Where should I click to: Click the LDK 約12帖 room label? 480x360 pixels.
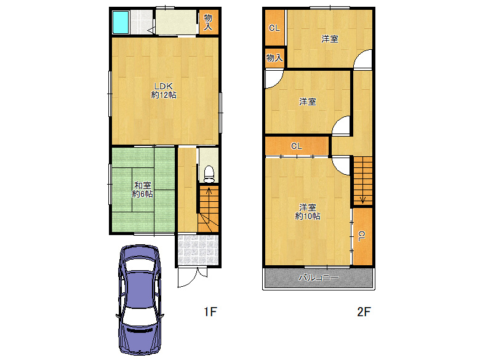point(164,90)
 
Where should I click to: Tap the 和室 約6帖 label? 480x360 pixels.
point(142,190)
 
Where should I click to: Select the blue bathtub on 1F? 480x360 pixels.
point(120,22)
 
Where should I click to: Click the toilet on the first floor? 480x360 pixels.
point(209,174)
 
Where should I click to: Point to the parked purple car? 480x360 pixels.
point(140,300)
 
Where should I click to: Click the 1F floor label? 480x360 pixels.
point(210,311)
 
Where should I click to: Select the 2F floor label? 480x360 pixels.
point(364,311)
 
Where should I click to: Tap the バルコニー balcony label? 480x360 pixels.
point(319,278)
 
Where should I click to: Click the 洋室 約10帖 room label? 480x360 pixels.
point(308,212)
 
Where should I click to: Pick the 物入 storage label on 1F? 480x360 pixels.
point(208,22)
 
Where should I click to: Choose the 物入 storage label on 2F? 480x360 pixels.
point(274,58)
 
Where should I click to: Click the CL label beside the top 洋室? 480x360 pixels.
point(274,28)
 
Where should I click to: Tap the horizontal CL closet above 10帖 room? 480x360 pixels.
point(297,146)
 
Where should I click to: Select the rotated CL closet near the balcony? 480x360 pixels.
point(362,236)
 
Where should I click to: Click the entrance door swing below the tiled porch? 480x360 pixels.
point(188,278)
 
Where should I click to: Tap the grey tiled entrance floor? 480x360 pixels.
point(198,250)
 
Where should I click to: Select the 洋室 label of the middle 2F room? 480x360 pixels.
point(308,102)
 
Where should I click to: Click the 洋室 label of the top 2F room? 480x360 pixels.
point(330,39)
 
